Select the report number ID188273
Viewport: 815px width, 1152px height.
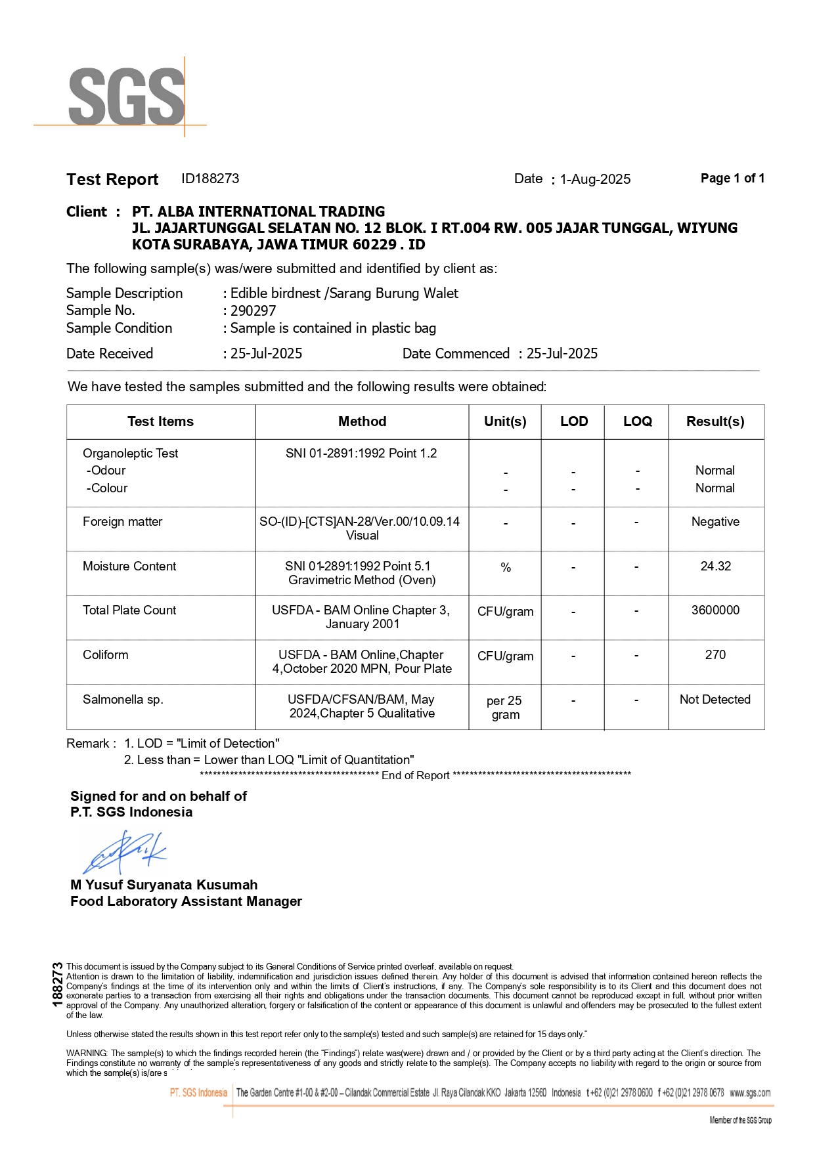(x=210, y=179)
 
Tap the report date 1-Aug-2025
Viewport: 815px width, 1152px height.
(x=595, y=179)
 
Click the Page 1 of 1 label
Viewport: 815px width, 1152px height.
(x=732, y=178)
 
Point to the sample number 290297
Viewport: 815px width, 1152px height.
(x=253, y=310)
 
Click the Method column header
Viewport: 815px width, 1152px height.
(x=362, y=421)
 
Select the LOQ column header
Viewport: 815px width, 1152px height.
(x=637, y=421)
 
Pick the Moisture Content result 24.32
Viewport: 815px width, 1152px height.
(x=715, y=566)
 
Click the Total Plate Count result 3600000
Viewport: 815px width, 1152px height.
(x=715, y=610)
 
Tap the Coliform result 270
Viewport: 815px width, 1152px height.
(x=715, y=654)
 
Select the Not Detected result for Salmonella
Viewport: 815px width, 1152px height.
(x=715, y=699)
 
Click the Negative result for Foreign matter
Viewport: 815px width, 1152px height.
(x=715, y=521)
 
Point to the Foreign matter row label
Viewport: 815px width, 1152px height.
(x=122, y=521)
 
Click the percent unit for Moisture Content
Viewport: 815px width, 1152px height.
(x=505, y=567)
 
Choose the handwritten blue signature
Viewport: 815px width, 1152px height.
(x=125, y=851)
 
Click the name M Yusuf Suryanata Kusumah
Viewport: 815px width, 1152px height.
(x=164, y=884)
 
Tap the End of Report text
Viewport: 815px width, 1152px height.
(x=415, y=775)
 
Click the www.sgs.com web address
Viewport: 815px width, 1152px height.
(x=750, y=1093)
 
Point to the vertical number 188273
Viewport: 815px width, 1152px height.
(x=57, y=984)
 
